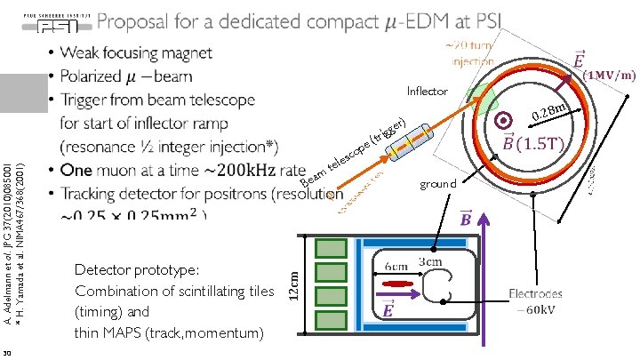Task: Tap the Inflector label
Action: [428, 92]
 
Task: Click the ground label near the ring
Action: [437, 184]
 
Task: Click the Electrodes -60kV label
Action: [535, 300]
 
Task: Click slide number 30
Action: [6, 354]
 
